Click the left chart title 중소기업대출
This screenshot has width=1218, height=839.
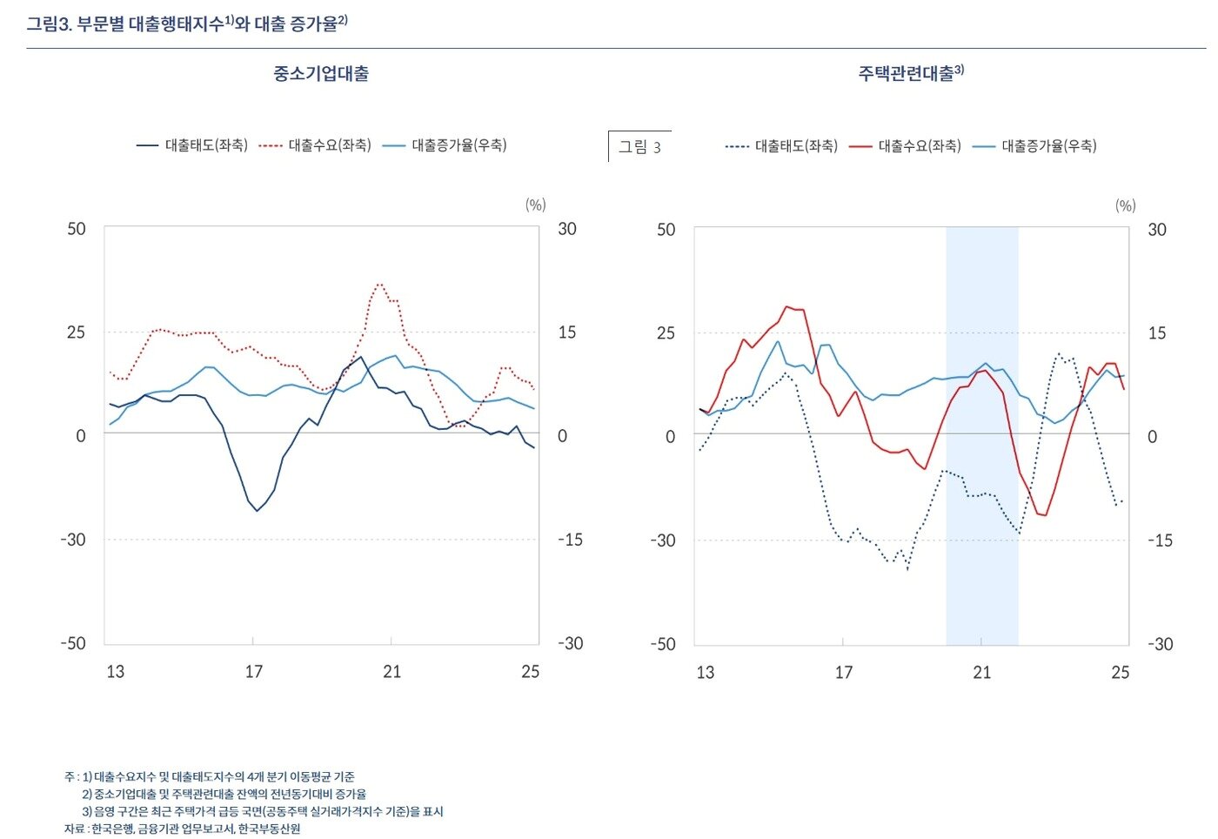(321, 74)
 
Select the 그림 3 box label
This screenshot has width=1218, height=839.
(639, 147)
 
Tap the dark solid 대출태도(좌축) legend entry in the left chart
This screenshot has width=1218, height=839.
(192, 145)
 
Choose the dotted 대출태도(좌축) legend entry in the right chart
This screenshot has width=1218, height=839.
(781, 146)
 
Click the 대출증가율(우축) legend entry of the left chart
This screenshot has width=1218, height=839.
(445, 145)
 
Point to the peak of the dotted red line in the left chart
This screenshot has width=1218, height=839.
(379, 284)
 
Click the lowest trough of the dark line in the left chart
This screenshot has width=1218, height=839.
(257, 511)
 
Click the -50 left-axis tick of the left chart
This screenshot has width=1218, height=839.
(73, 643)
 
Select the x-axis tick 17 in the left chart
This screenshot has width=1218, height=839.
(253, 672)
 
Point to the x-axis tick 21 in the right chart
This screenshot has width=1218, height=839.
(982, 673)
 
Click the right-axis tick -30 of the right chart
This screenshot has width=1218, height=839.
(1160, 644)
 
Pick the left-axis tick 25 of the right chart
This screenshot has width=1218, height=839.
(666, 332)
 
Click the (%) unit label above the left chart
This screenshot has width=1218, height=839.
(535, 205)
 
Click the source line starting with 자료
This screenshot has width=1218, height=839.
(183, 829)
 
